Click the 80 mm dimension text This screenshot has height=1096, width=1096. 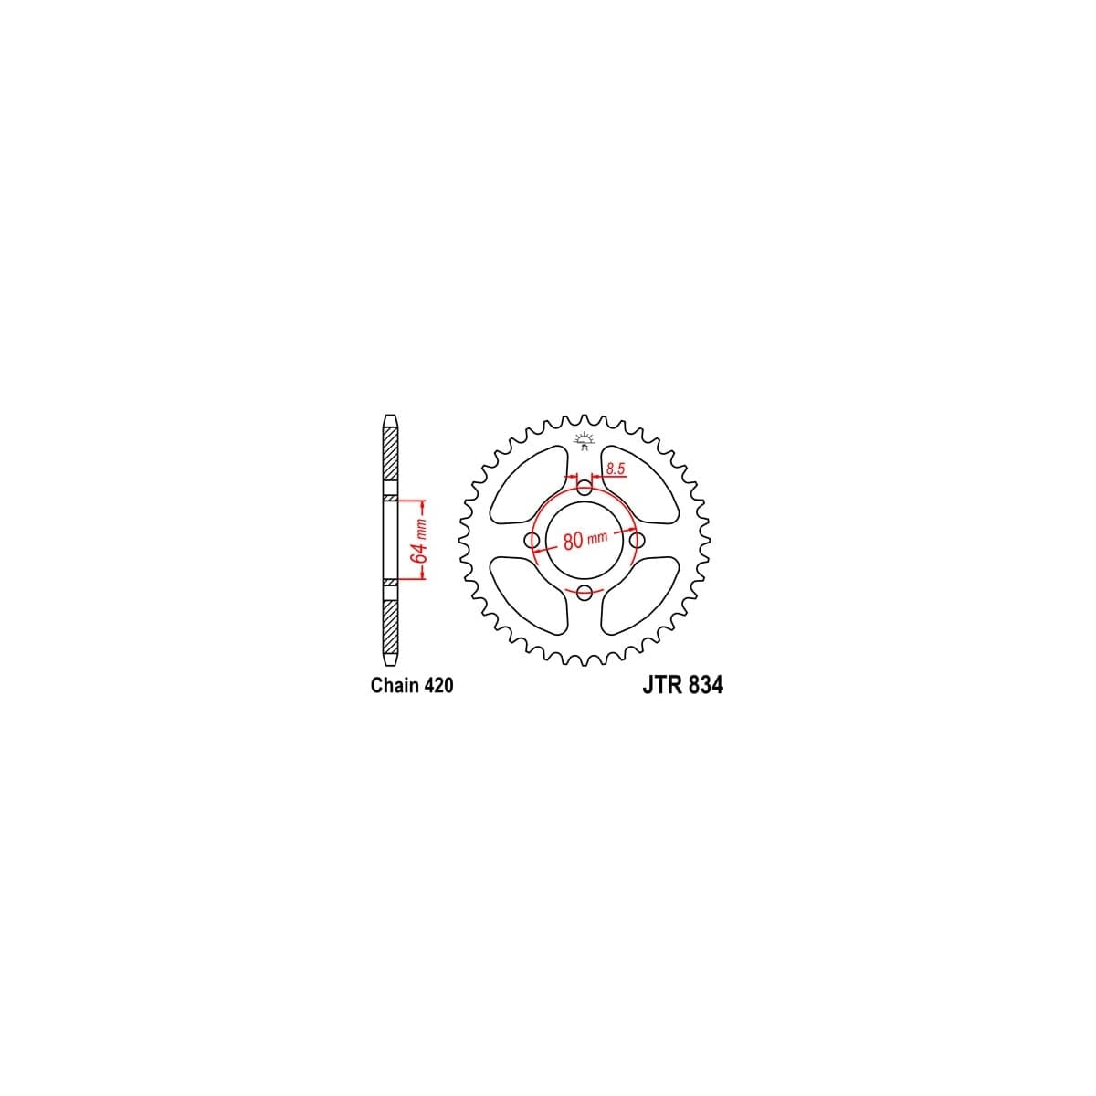[x=585, y=540]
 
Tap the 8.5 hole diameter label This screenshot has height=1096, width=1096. [x=614, y=469]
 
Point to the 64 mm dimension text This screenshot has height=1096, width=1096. [x=418, y=541]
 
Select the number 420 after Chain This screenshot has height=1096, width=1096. [x=437, y=685]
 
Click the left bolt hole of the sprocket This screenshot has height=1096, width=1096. [x=532, y=541]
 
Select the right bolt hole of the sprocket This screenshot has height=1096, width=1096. [x=638, y=541]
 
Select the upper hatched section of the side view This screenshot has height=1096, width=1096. [x=390, y=461]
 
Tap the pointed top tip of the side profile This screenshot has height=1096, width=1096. [x=390, y=419]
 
